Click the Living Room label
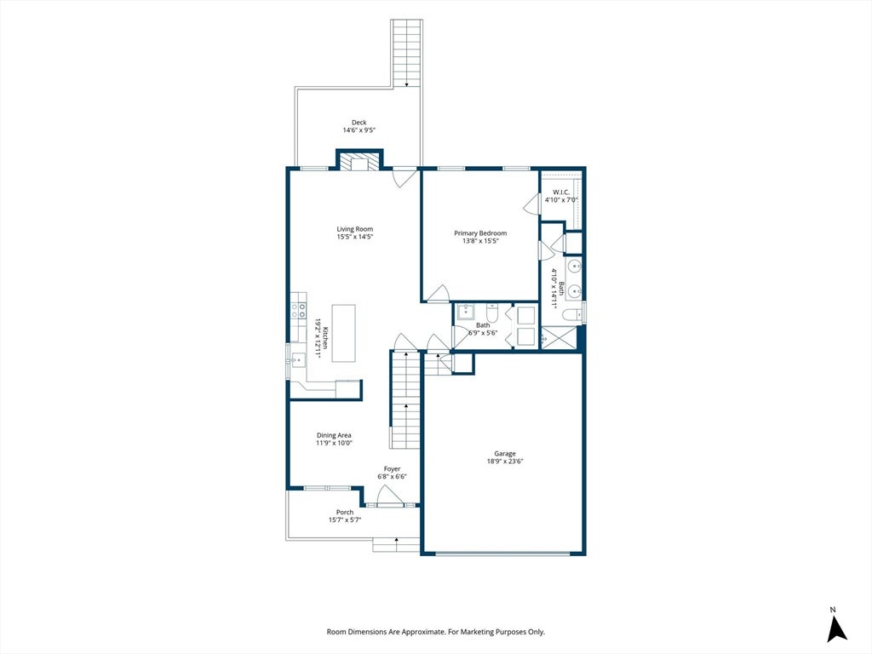coord(355,229)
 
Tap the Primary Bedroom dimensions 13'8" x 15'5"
coord(480,241)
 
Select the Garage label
coord(505,454)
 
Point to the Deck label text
coord(359,123)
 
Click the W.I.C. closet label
coord(561,192)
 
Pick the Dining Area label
coord(334,435)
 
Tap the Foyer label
coord(392,469)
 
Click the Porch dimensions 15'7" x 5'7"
coord(345,520)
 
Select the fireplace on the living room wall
coord(360,162)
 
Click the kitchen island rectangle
coord(344,333)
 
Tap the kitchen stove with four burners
coord(299,310)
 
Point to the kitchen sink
coord(297,360)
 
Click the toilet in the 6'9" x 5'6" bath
coord(492,312)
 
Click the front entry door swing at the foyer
coord(387,496)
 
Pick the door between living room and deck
coord(404,177)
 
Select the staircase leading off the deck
coord(406,54)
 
